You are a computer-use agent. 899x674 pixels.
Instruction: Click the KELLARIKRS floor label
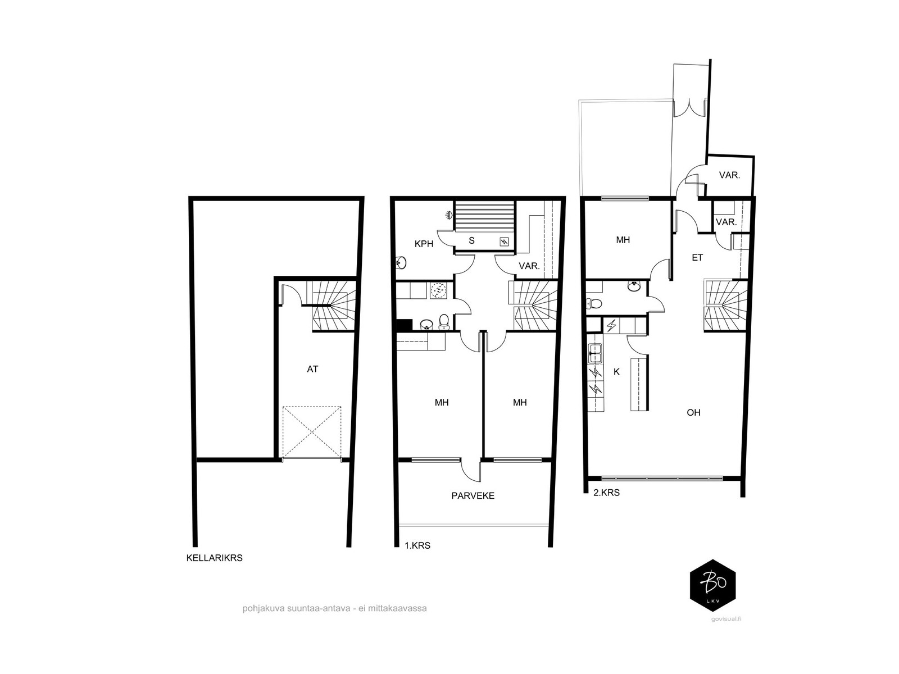pos(214,558)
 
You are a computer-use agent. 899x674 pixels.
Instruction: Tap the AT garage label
pos(312,369)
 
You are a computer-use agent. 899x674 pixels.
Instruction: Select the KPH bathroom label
pos(424,244)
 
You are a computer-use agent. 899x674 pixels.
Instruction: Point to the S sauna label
pos(471,240)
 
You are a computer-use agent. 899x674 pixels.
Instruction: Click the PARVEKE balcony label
pos(473,495)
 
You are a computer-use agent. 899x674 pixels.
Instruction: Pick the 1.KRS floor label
pos(417,545)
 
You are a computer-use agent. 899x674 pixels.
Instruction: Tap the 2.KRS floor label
pos(607,493)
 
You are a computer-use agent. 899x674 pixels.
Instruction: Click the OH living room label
pos(693,412)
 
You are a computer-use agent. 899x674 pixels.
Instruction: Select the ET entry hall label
pos(697,258)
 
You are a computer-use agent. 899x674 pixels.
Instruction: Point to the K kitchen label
pos(616,372)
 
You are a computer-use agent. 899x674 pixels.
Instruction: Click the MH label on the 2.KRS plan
pos(623,240)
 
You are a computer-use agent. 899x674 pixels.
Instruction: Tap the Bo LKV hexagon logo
pos(712,586)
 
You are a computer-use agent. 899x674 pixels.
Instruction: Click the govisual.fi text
pos(726,619)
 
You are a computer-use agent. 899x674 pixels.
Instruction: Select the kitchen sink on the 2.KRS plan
pos(594,353)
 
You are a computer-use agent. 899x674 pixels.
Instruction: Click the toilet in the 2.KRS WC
pos(594,304)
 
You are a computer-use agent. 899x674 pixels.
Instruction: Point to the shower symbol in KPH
pos(449,215)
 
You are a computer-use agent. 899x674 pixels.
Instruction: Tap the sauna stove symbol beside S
pos(504,242)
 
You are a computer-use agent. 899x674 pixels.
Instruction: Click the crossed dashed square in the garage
pos(312,432)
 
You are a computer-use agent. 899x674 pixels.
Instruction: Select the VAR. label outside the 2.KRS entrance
pos(729,175)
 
